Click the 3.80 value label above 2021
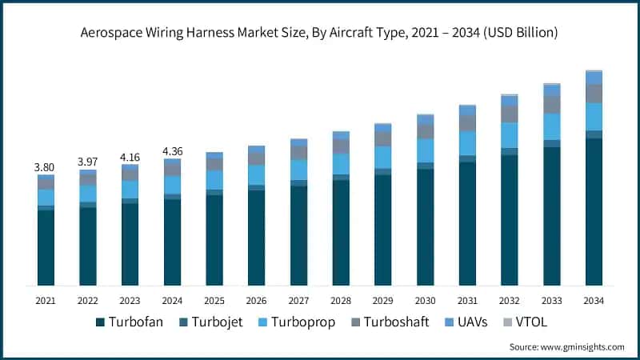(46, 167)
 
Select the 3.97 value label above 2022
(88, 162)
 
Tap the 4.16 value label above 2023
(130, 157)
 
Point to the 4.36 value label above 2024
(172, 151)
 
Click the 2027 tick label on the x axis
(298, 300)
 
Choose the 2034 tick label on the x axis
(594, 300)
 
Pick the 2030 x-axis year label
(425, 300)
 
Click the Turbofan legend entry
(126, 322)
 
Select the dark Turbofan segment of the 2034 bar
(594, 212)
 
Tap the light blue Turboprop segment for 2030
(425, 150)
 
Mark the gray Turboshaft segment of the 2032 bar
(510, 114)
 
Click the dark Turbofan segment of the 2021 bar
(46, 248)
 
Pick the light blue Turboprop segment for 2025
(214, 180)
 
